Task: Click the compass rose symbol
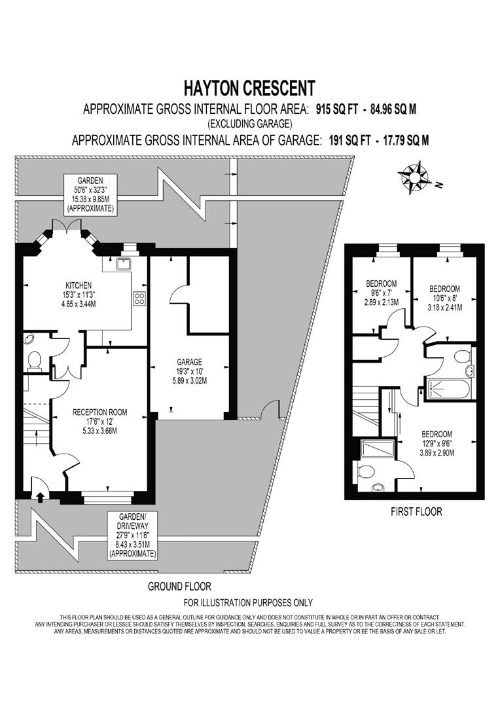tap(413, 177)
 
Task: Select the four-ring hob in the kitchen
tap(139, 298)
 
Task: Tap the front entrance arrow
tap(40, 496)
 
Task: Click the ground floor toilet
tap(33, 360)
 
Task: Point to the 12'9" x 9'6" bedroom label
tap(437, 443)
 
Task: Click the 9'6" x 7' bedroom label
tap(381, 293)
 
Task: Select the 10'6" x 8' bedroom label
tap(444, 299)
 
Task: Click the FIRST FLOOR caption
tap(416, 511)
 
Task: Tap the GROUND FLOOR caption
tap(179, 587)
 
